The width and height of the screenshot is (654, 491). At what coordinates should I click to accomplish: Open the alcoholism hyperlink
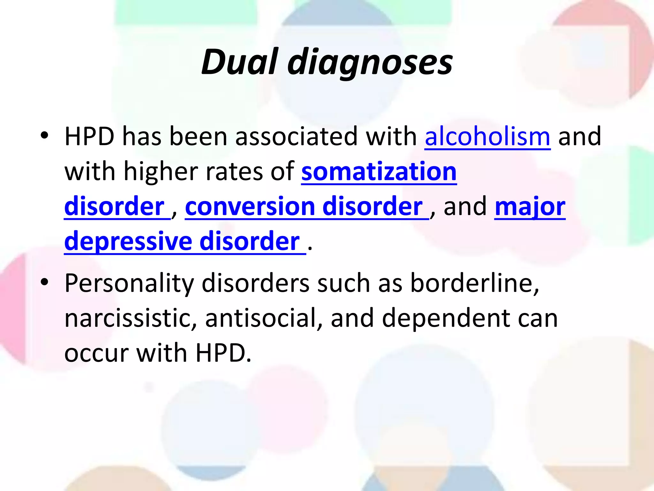pos(487,137)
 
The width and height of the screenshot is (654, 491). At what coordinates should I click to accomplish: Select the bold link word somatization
pos(379,172)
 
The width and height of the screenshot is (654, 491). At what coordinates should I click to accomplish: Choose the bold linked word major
pos(530,207)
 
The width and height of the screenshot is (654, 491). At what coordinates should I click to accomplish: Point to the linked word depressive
pos(128,241)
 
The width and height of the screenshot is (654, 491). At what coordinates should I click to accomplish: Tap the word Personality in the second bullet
pos(129,283)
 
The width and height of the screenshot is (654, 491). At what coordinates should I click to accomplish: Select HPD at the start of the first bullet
pos(89,137)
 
